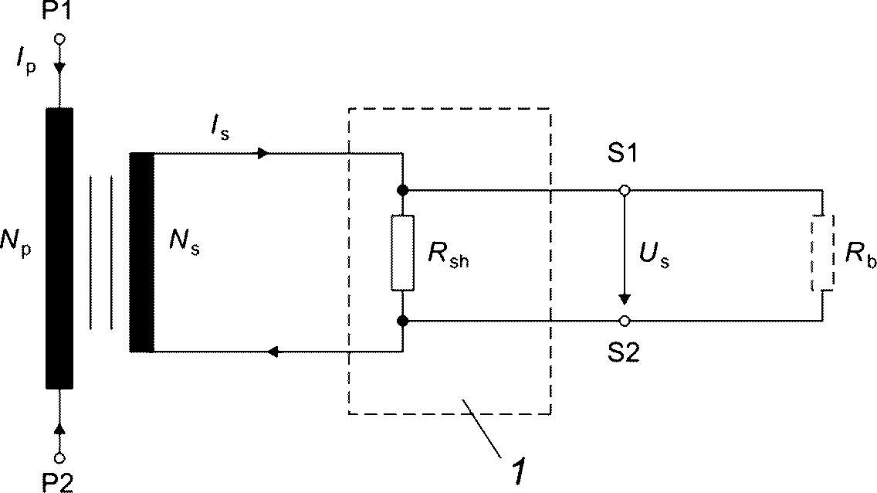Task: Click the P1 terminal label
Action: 57,10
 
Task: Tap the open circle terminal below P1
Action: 59,39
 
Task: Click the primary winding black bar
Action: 59,248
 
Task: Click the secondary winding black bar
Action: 141,252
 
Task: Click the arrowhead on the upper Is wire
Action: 263,153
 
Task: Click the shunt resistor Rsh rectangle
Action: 403,253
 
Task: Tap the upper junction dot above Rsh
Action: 402,190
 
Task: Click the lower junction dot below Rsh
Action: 402,321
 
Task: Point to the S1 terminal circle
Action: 625,191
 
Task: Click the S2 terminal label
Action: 624,352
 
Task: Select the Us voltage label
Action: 655,257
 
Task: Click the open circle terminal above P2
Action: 60,457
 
